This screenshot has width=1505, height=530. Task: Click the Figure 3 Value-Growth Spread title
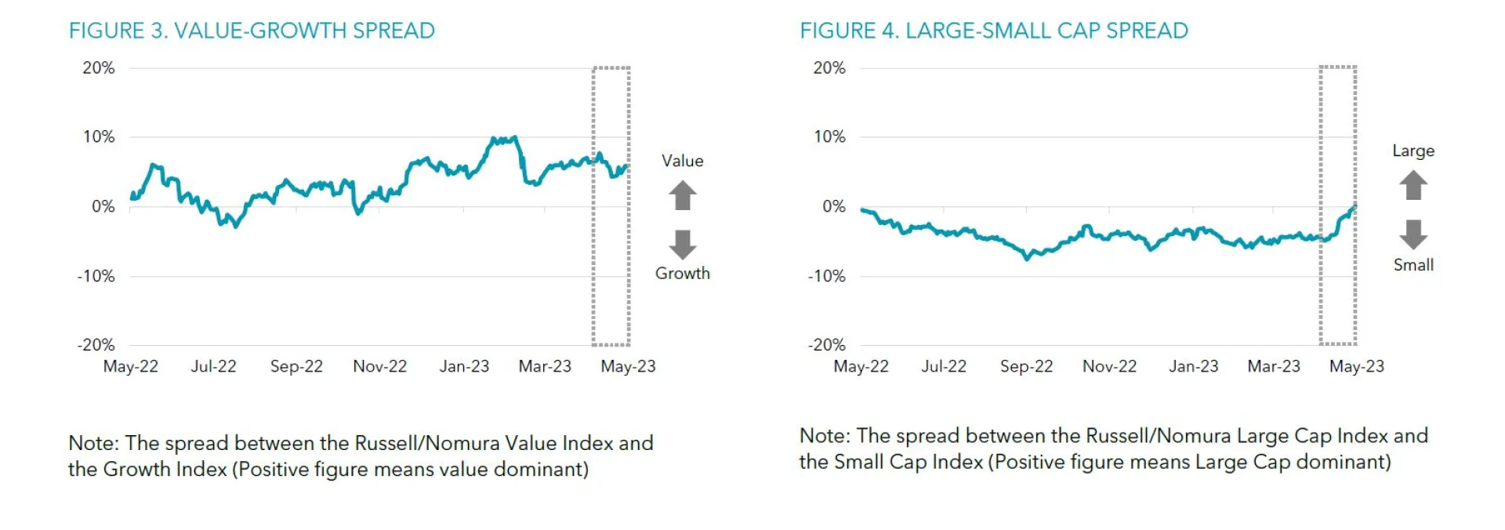pyautogui.click(x=252, y=31)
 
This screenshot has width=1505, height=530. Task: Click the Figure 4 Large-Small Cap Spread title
pyautogui.click(x=993, y=31)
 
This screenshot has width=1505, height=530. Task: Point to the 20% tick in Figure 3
pyautogui.click(x=99, y=68)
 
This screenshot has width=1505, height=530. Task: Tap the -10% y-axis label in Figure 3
pyautogui.click(x=96, y=276)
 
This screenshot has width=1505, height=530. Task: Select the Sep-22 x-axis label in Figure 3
pyautogui.click(x=296, y=366)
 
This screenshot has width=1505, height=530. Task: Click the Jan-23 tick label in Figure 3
pyautogui.click(x=464, y=366)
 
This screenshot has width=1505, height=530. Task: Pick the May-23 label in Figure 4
pyautogui.click(x=1356, y=366)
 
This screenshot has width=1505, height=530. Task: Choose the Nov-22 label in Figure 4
pyautogui.click(x=1109, y=366)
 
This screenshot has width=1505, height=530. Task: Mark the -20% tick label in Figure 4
pyautogui.click(x=826, y=345)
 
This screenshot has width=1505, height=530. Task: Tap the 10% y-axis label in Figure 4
pyautogui.click(x=829, y=137)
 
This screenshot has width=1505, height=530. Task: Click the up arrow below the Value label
pyautogui.click(x=683, y=195)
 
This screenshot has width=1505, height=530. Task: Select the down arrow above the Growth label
pyautogui.click(x=683, y=244)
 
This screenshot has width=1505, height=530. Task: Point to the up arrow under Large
pyautogui.click(x=1413, y=185)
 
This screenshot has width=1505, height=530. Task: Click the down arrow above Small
pyautogui.click(x=1413, y=234)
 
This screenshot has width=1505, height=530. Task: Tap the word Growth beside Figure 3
pyautogui.click(x=683, y=274)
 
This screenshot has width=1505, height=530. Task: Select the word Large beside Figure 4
pyautogui.click(x=1413, y=151)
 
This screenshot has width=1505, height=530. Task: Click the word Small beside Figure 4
pyautogui.click(x=1413, y=265)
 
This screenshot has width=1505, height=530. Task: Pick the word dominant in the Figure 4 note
pyautogui.click(x=1343, y=462)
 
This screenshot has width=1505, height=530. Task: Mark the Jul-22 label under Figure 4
pyautogui.click(x=944, y=366)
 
